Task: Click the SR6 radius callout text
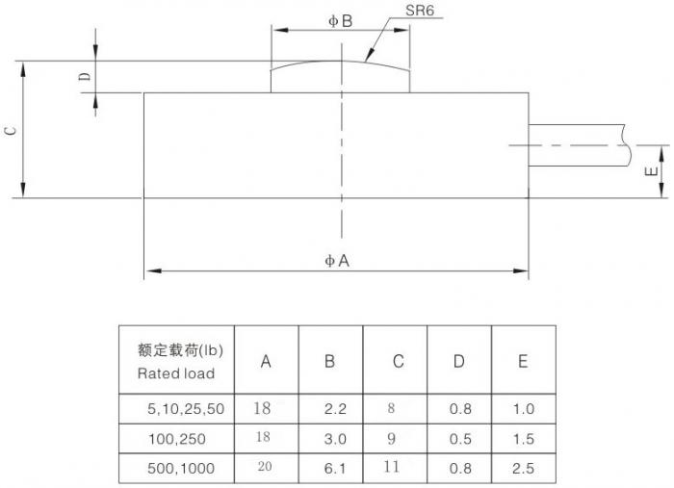[419, 11]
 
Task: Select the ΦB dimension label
[341, 21]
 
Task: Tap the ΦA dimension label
[337, 261]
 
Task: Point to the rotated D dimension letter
[86, 76]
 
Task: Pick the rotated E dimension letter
[652, 171]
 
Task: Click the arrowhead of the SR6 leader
[368, 58]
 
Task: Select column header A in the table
[266, 362]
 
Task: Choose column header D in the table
[459, 361]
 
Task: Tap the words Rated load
[176, 373]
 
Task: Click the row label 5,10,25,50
[186, 408]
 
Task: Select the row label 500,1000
[181, 468]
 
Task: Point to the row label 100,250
[177, 439]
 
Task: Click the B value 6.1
[335, 468]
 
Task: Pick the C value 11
[391, 467]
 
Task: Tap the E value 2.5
[523, 468]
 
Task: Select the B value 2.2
[335, 408]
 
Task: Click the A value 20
[265, 467]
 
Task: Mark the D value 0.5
[460, 439]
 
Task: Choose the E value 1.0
[524, 408]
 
